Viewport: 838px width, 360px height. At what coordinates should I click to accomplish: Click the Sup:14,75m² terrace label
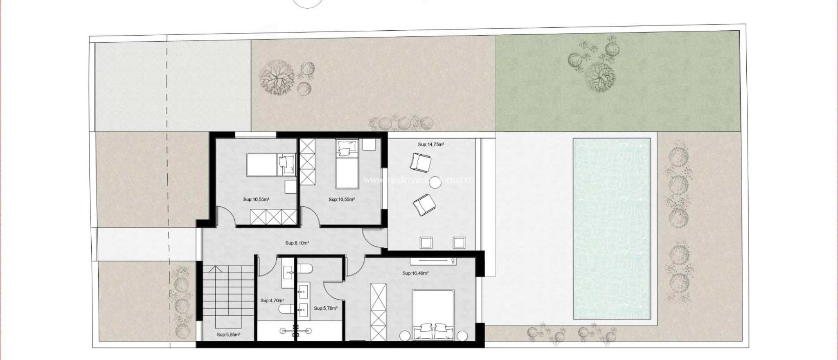[431, 144]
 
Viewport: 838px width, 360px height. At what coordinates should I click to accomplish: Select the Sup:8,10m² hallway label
[297, 243]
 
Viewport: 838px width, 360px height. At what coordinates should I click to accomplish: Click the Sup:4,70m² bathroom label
[272, 300]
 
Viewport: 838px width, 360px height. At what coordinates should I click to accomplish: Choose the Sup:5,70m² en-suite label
[326, 308]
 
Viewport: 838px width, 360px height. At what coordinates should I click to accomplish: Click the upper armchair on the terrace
[421, 162]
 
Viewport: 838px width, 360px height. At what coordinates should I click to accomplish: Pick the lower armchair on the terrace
[423, 205]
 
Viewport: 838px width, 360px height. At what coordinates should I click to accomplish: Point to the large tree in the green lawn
[600, 77]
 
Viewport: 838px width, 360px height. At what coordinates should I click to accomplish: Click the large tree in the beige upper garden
[277, 77]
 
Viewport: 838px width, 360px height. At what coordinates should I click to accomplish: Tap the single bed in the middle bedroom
[346, 164]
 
